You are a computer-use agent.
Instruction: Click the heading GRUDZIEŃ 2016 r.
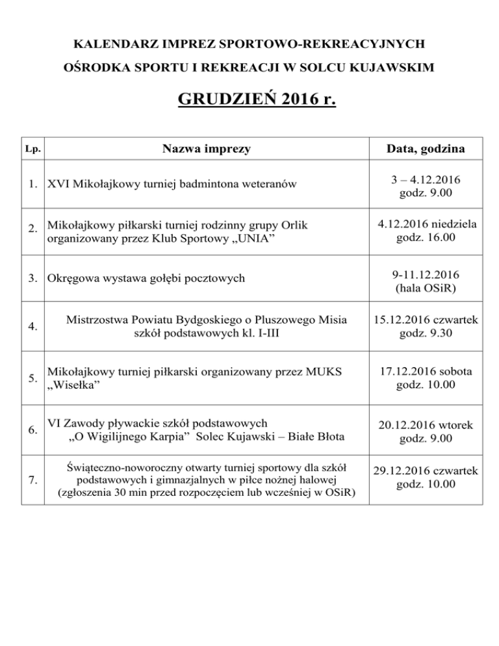256,101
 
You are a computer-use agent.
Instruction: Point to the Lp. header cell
32,149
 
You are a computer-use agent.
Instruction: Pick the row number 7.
32,481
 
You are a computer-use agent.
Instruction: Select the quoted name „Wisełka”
74,384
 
